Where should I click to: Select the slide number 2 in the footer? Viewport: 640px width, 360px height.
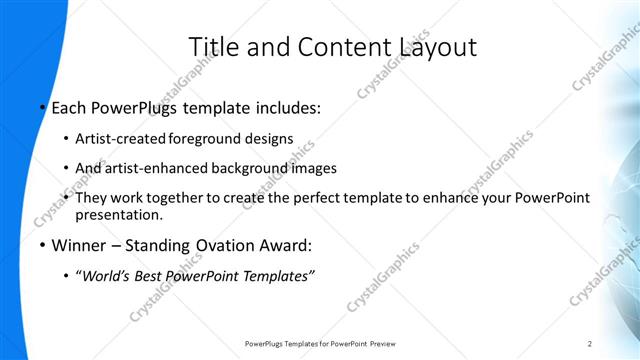(x=590, y=344)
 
